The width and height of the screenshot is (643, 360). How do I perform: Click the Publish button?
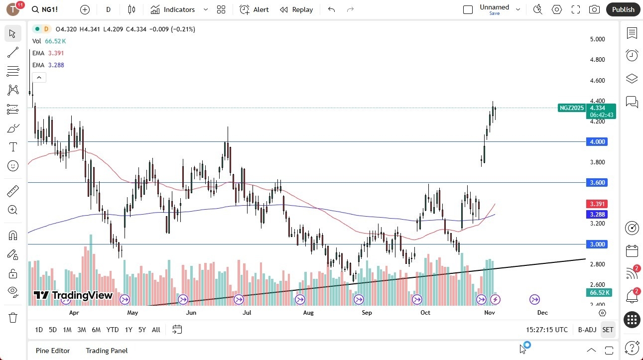(623, 9)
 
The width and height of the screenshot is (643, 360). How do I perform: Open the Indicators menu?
(173, 9)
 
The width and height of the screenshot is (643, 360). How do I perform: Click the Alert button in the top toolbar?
(254, 9)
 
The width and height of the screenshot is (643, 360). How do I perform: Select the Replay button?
(296, 9)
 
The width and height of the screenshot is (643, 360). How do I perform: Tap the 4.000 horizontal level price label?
(598, 142)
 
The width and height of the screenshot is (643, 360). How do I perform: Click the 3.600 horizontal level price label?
(598, 183)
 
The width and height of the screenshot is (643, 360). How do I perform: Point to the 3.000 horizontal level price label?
(598, 244)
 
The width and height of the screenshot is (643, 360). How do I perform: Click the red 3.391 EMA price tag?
(598, 204)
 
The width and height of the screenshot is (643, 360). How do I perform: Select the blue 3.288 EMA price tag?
(598, 215)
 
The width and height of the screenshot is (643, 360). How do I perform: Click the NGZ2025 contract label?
(571, 108)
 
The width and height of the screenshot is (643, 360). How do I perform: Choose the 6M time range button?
(96, 330)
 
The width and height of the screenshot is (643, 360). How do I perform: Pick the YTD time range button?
(113, 330)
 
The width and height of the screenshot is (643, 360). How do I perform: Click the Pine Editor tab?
(53, 351)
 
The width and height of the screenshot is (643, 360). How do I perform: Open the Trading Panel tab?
(107, 351)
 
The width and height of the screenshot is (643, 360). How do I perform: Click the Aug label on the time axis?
(308, 313)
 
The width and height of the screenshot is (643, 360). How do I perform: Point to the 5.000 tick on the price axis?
(597, 39)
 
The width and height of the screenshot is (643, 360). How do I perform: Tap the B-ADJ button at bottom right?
(587, 330)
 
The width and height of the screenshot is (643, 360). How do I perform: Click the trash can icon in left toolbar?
(13, 318)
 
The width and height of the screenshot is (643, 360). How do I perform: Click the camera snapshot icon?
(594, 9)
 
